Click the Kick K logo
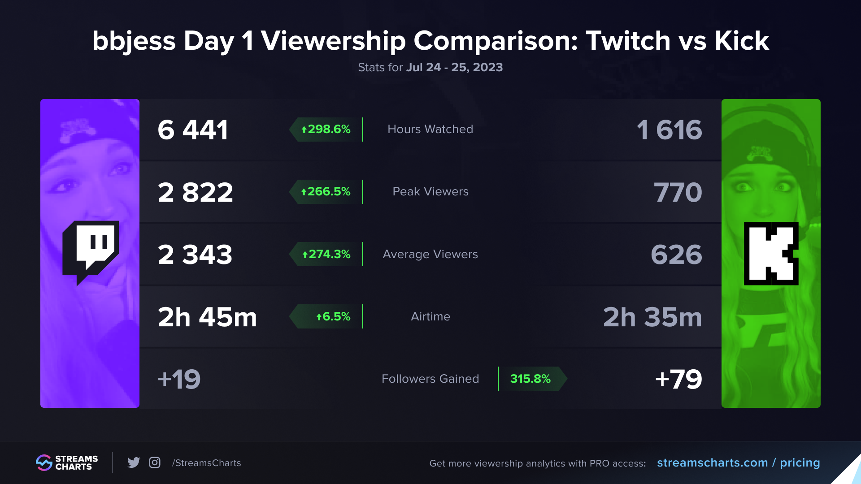pos(771,254)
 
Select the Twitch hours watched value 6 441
pos(193,130)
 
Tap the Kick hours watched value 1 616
pos(669,130)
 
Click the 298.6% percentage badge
pos(326,130)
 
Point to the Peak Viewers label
pos(430,192)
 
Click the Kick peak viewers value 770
pos(678,192)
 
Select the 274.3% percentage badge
pos(326,254)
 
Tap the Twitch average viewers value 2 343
pos(195,255)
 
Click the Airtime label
pos(430,316)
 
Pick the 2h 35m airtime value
pos(652,317)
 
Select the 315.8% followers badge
pos(531,379)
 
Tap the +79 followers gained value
pos(678,379)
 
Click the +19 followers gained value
pos(179,379)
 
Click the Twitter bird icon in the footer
pos(134,462)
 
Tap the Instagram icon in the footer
pos(155,462)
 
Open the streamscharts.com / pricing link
pos(738,462)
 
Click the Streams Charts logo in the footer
pos(67,462)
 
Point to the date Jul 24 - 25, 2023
pos(454,67)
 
